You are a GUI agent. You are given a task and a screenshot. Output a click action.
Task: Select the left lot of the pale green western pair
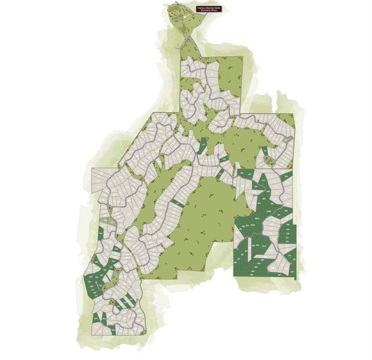(106, 221)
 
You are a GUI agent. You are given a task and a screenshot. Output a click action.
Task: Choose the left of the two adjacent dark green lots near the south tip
(95, 318)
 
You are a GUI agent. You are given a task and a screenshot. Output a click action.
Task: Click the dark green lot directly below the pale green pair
(109, 230)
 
